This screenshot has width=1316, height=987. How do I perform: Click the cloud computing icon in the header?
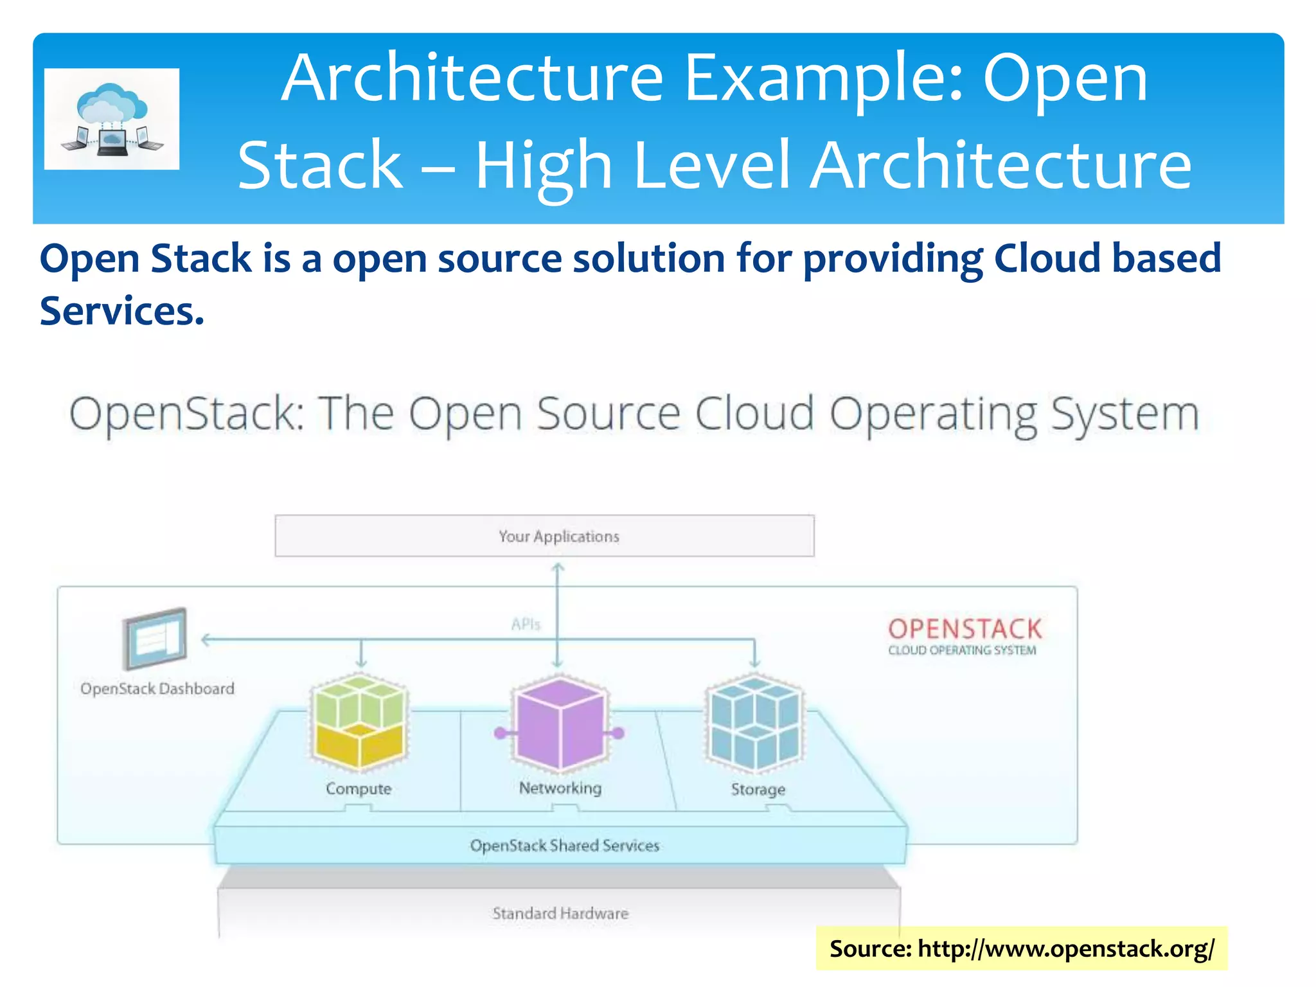[112, 119]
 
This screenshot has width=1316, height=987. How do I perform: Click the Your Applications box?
[544, 535]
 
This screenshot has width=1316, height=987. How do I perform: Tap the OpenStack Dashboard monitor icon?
[155, 638]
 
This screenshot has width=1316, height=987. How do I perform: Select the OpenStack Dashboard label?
[157, 688]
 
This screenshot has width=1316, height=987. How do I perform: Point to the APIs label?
[526, 624]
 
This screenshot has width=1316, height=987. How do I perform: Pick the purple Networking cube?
[559, 723]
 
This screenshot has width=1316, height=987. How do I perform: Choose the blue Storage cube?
[754, 723]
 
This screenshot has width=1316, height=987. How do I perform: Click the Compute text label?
[359, 788]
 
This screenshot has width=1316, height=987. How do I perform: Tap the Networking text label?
[560, 788]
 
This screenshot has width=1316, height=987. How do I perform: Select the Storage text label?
[758, 789]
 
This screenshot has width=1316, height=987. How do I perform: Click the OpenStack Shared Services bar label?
[564, 846]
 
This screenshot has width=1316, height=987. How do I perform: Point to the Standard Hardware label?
[560, 913]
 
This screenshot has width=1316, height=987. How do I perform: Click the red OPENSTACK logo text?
[965, 628]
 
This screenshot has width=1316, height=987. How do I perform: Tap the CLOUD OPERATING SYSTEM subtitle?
[962, 650]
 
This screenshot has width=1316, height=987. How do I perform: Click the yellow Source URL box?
[1021, 948]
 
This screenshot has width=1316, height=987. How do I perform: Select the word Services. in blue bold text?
[122, 311]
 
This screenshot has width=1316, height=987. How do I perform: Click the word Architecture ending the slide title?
[1000, 165]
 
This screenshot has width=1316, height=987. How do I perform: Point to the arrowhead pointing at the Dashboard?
[206, 639]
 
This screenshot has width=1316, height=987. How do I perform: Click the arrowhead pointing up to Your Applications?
[558, 567]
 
